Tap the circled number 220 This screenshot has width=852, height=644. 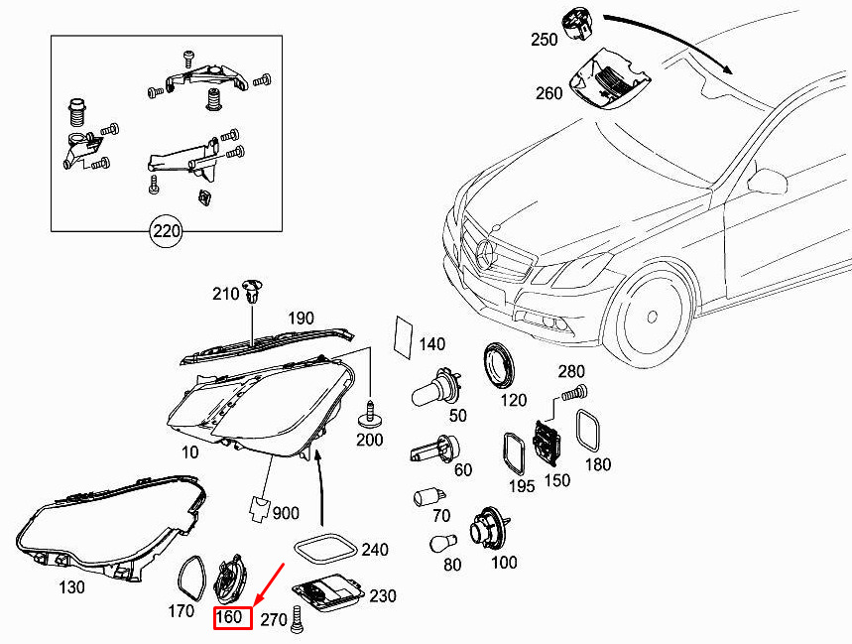(x=166, y=233)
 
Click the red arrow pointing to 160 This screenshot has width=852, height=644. (x=271, y=584)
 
